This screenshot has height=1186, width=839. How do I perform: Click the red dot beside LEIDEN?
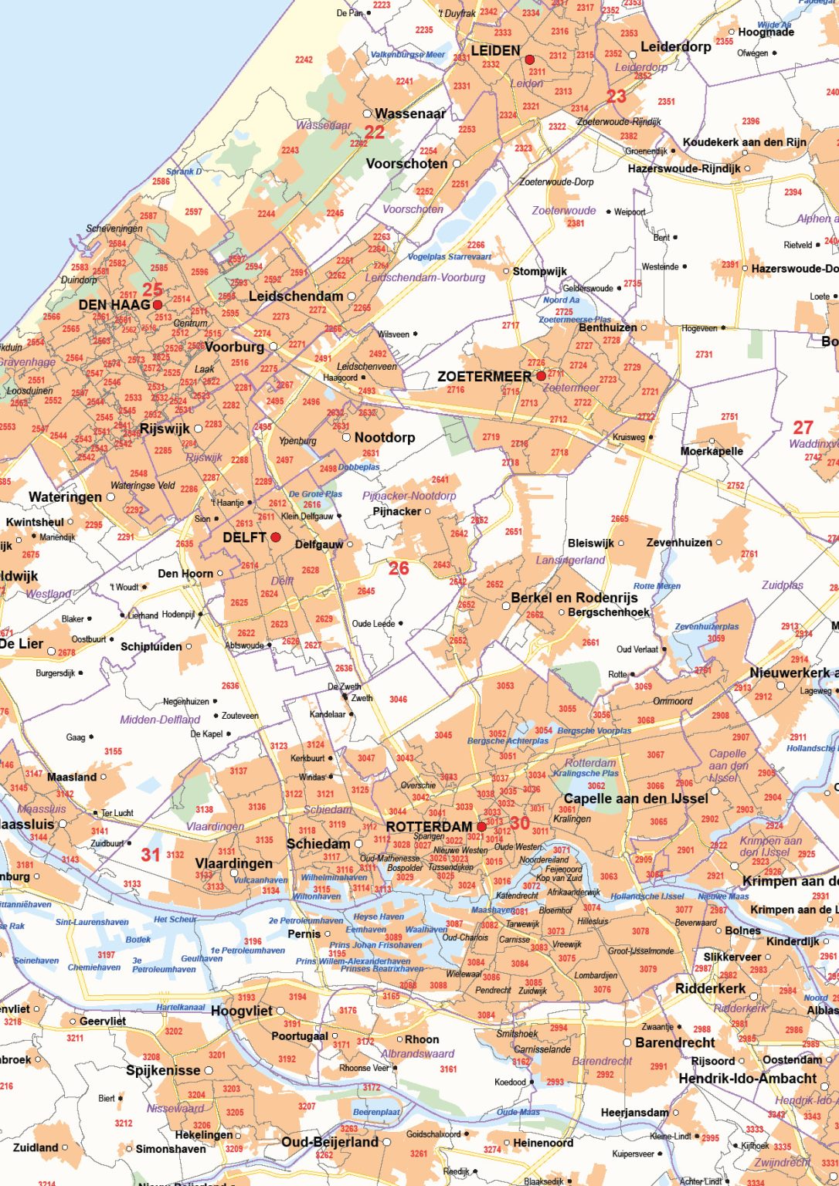[529, 59]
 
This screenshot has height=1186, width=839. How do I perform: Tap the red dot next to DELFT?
[275, 537]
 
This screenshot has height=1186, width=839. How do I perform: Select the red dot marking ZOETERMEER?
[541, 376]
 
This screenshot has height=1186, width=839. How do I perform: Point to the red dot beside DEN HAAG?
[158, 305]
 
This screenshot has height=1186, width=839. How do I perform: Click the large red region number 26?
[399, 569]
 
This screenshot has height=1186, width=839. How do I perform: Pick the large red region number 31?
[151, 855]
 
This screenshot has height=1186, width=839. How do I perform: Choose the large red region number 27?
[803, 427]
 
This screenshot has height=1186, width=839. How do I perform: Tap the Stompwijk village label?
[540, 271]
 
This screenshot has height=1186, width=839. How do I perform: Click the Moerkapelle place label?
[712, 452]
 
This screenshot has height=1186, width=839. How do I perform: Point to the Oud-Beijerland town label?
[330, 1142]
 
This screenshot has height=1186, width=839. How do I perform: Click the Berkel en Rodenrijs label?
[574, 598]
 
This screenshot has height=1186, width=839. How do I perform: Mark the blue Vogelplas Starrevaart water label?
[450, 257]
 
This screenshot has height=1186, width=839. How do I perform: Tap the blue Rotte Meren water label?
[657, 586]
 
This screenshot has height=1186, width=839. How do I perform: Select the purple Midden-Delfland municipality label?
[160, 720]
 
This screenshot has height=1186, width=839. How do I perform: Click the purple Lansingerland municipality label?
[570, 561]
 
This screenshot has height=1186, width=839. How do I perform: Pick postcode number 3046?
[398, 700]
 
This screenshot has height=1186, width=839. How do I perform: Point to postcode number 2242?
[304, 59]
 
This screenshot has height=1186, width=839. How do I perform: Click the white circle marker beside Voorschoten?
[457, 164]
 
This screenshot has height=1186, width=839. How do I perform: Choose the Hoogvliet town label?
[242, 1011]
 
